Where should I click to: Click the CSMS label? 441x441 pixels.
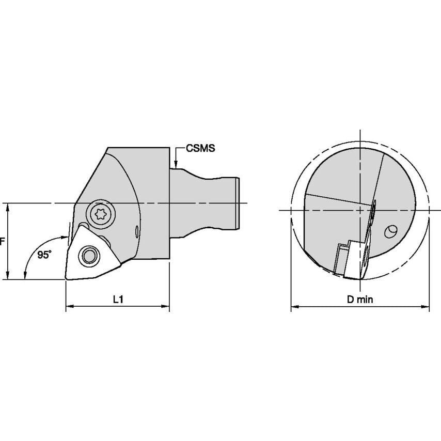coord(200,148)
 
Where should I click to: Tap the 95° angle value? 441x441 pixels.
coord(44,255)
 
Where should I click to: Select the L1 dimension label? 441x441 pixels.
coord(118,300)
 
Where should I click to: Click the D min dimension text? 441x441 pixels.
coord(360,300)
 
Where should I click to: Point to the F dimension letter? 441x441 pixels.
coord(2,241)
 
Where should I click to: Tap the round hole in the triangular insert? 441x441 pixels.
coord(89,256)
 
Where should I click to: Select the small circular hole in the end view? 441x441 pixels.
coord(391,231)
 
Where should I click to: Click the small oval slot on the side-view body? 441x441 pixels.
coord(137,232)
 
